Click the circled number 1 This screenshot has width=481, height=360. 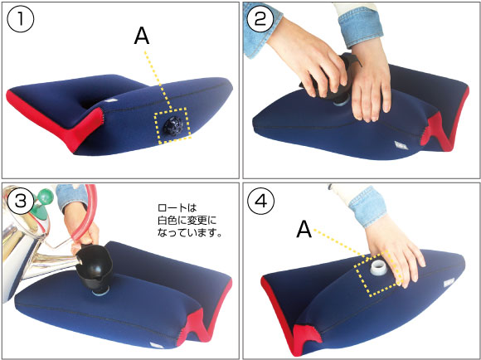pos(20,19)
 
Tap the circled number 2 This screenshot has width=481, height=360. pos(260,19)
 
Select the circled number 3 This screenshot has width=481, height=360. pos(20,202)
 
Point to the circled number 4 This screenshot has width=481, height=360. pos(260,202)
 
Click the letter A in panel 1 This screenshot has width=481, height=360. pos(142,37)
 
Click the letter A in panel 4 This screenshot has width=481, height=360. pos(304,230)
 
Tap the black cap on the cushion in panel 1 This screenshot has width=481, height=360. pos(173,126)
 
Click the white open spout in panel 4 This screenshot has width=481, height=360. pos(378,267)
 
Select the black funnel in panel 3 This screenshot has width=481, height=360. pos(94,265)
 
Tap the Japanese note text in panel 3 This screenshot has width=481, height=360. pos(189,221)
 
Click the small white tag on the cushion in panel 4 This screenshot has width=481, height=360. pos(449,283)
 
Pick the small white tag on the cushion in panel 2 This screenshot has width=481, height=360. pos(401,145)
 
